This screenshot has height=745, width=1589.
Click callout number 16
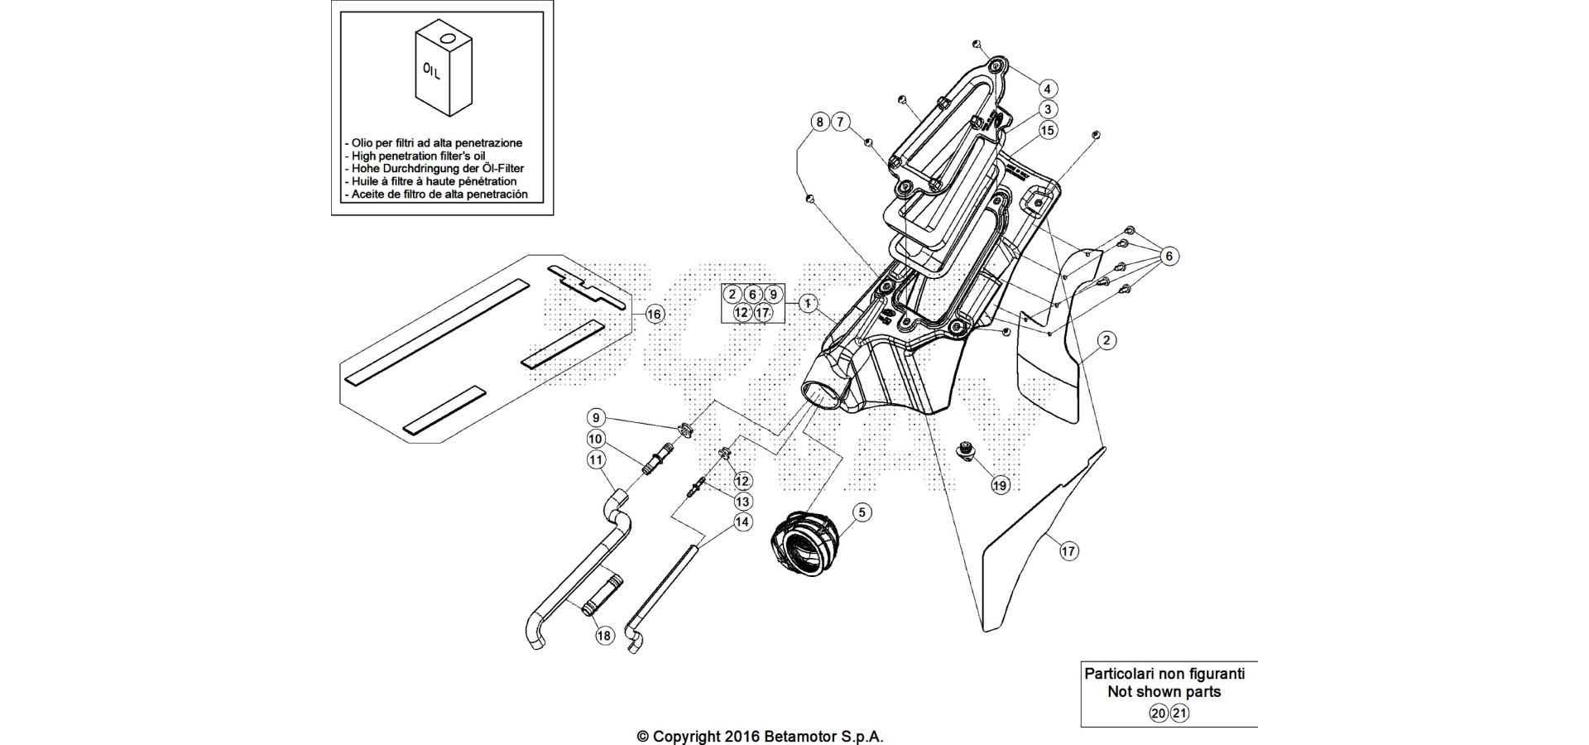pos(654,315)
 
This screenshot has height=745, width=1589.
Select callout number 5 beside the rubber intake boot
pos(862,513)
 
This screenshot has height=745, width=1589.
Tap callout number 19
pos(1000,486)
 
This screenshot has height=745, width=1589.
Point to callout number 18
pos(604,636)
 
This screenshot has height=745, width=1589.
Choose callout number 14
pos(742,522)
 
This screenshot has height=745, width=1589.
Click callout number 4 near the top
pos(1047,89)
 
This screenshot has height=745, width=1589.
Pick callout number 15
pos(1048,130)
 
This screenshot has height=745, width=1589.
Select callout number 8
pos(819,123)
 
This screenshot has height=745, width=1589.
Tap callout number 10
pos(596,438)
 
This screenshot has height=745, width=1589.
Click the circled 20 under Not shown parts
pos(1159,714)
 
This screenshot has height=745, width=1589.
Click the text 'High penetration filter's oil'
pos(419,156)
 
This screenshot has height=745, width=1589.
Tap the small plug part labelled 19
pos(964,451)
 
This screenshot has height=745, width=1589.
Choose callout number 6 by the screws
pos(1169,257)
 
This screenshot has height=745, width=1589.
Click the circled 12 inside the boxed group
pos(742,313)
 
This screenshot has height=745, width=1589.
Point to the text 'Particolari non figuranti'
pos(1165,674)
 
